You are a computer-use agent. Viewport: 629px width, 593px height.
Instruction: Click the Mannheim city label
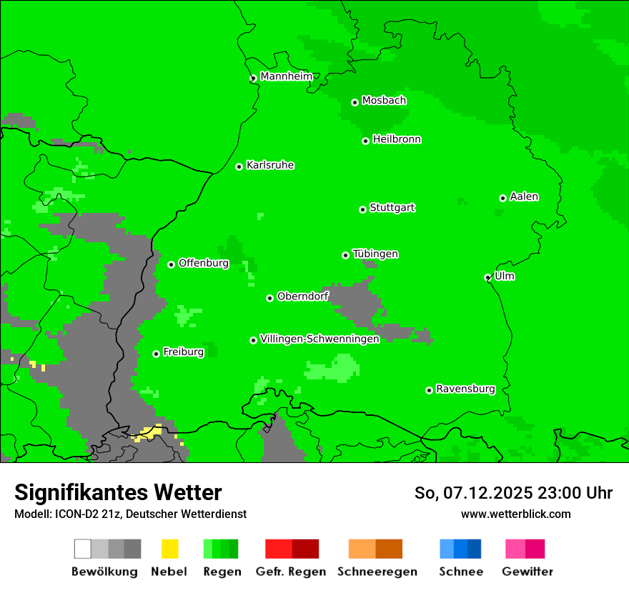point(286,76)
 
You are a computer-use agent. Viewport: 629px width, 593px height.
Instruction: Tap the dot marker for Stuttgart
point(362,209)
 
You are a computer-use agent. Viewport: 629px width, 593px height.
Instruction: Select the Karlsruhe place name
point(270,165)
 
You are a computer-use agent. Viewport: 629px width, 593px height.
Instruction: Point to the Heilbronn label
point(397,139)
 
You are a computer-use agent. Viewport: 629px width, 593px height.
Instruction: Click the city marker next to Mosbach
point(355,102)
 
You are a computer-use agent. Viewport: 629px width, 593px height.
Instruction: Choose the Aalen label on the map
point(524,196)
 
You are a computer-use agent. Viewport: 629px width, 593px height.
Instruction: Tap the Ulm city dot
point(488,277)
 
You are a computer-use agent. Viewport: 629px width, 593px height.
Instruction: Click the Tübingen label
point(375,254)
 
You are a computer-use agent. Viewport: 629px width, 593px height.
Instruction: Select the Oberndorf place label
point(302,296)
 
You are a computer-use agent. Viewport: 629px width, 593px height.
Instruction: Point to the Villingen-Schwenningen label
point(320,339)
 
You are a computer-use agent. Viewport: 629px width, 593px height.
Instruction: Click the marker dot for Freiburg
point(156,354)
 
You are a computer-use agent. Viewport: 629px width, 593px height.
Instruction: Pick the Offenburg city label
point(204,263)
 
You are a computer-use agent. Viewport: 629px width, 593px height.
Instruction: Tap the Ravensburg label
point(465,389)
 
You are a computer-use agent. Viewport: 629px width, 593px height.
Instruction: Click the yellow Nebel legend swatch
point(170,549)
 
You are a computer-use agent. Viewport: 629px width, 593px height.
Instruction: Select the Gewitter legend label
point(528,572)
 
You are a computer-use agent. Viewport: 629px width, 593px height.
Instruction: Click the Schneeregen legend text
point(377,572)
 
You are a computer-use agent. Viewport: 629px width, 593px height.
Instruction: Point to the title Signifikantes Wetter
point(118,492)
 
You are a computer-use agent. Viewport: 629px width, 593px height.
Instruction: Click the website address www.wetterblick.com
point(515,514)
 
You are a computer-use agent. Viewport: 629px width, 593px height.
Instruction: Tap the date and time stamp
point(513,493)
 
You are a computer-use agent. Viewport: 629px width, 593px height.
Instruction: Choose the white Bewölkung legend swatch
point(83,549)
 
